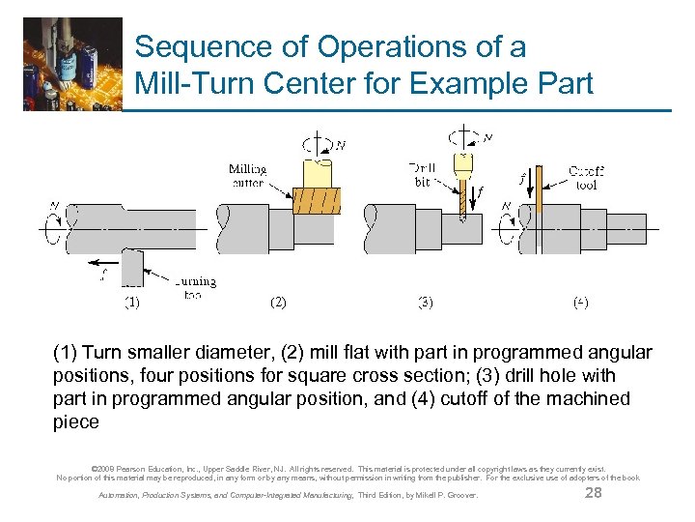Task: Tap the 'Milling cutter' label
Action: (248, 176)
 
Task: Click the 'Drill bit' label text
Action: (423, 174)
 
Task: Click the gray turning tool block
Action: (132, 266)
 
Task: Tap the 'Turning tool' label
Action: (195, 287)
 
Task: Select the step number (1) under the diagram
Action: (132, 302)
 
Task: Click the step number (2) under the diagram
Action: (278, 302)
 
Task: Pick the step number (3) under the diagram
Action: (425, 302)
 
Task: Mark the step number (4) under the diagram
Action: (580, 302)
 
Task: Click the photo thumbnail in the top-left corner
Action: (72, 63)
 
